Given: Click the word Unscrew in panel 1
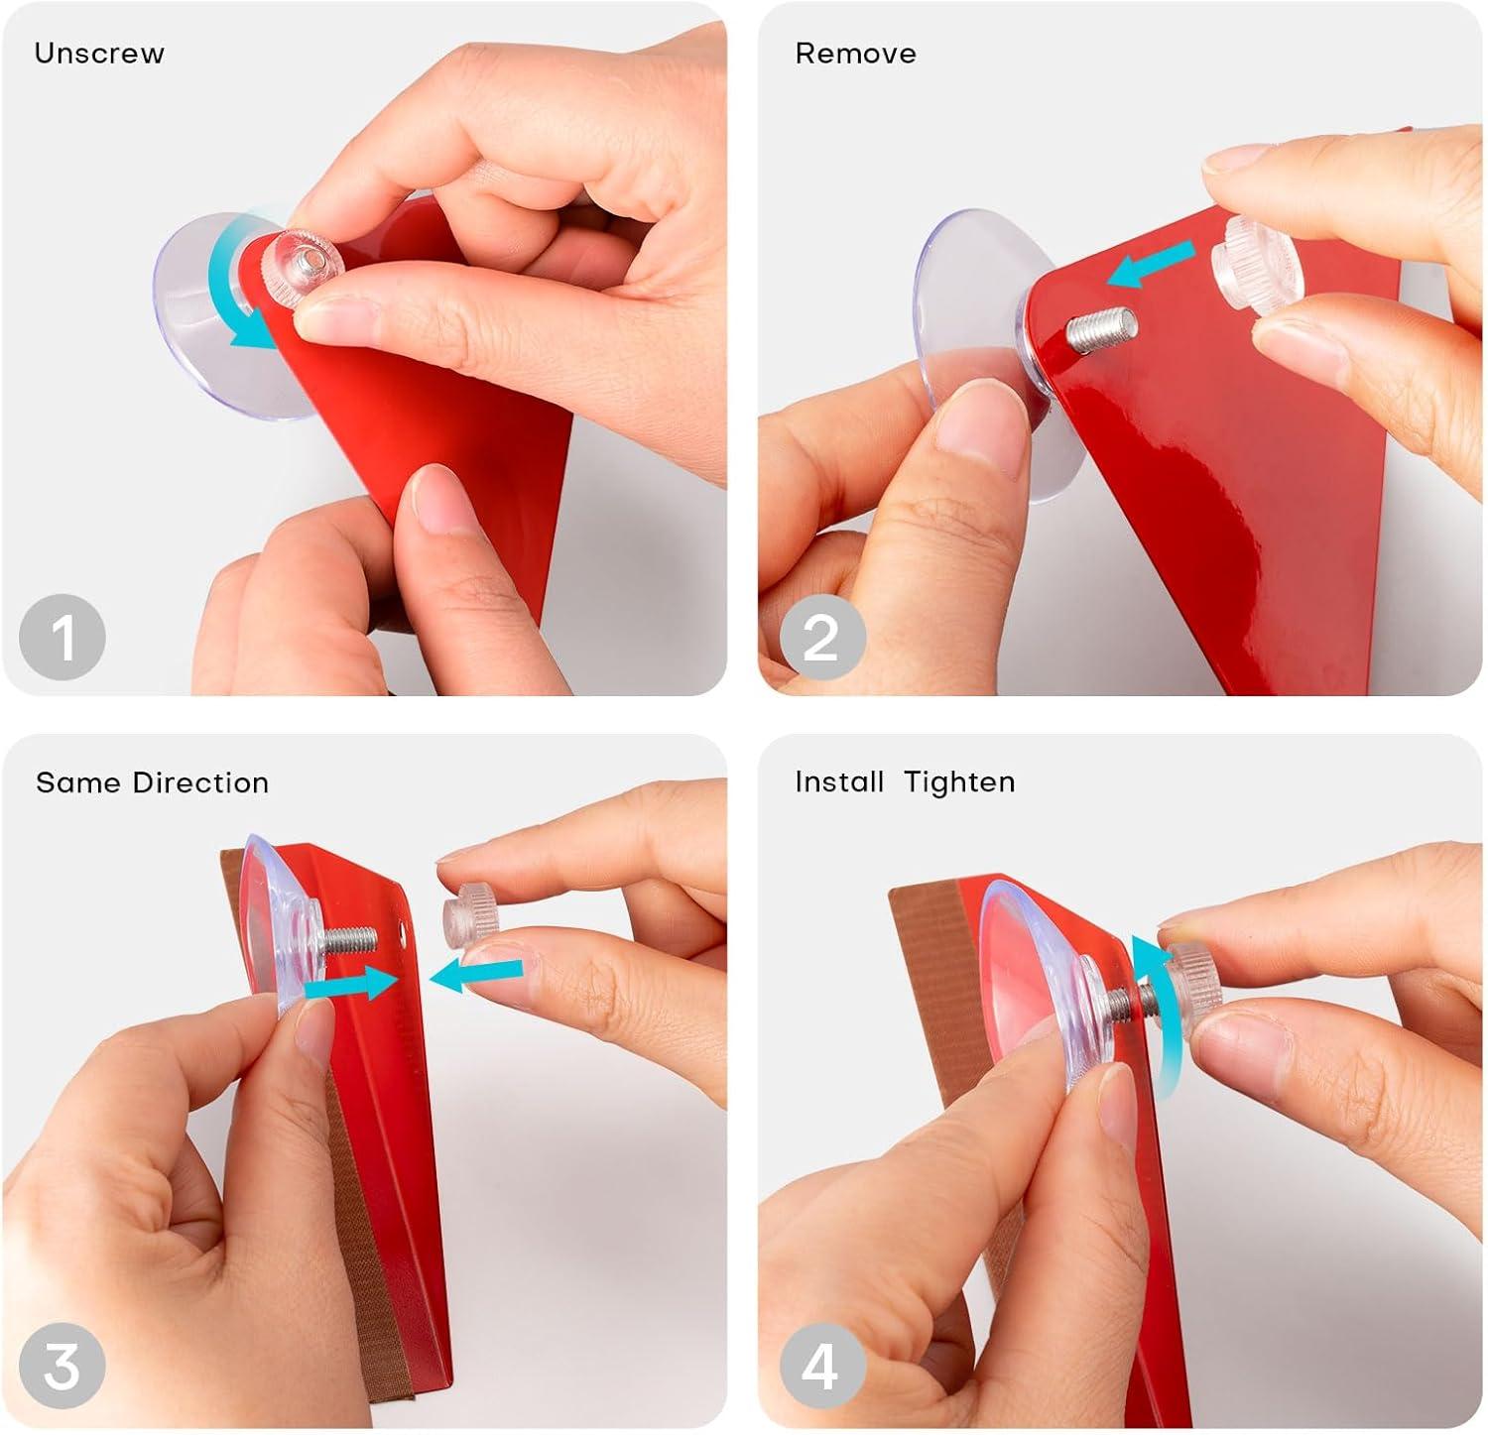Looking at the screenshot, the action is [99, 53].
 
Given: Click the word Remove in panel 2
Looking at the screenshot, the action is [855, 53].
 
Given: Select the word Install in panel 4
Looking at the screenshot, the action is [839, 781].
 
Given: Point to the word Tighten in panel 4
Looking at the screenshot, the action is [959, 782].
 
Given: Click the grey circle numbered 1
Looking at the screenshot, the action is [62, 638].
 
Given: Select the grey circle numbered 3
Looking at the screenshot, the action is [62, 1367].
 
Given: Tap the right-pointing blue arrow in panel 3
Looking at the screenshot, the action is [348, 984].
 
